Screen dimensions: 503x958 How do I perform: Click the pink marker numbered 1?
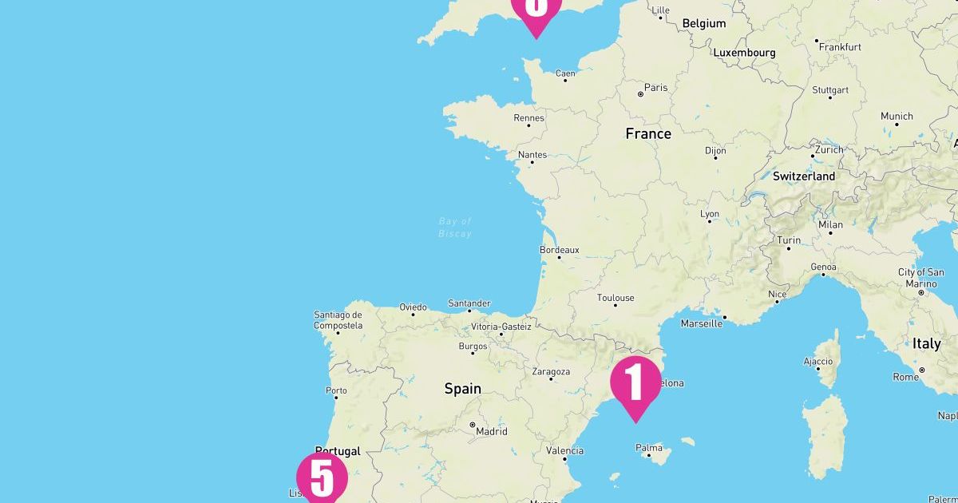[x=635, y=382]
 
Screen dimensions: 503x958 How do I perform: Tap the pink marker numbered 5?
[x=322, y=478]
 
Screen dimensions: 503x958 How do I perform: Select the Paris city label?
[x=655, y=88]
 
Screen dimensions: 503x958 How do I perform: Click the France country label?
[x=648, y=134]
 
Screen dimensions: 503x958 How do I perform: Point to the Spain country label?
[x=463, y=389]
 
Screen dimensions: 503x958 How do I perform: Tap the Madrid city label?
[x=491, y=431]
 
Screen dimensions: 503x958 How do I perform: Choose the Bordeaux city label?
[x=560, y=250]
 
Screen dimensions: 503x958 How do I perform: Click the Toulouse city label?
[x=616, y=298]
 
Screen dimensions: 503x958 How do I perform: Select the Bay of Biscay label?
[x=455, y=228]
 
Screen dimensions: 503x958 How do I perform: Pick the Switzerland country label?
[x=804, y=176]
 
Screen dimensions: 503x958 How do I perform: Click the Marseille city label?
[x=701, y=323]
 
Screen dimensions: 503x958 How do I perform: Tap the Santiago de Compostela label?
[x=338, y=320]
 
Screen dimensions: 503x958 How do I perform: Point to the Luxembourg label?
[x=744, y=53]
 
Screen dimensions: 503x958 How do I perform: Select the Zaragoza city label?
[x=551, y=371]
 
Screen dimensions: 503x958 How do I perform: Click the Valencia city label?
[x=564, y=450]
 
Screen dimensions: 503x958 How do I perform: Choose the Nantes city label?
[x=532, y=154]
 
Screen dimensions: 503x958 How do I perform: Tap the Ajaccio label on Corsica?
[x=818, y=361]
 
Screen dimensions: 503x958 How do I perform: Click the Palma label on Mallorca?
[x=649, y=448]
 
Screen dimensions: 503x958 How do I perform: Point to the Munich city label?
[x=897, y=117]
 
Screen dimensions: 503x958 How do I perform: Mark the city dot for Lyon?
[x=709, y=221]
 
